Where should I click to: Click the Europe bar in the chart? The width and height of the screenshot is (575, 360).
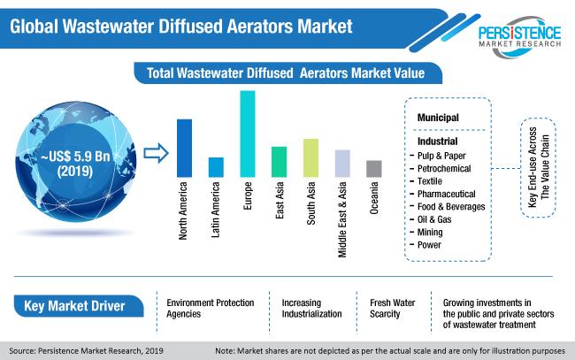[x=248, y=134]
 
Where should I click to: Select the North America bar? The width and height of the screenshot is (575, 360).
[x=184, y=148]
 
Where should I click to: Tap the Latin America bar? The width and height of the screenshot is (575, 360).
[x=216, y=167]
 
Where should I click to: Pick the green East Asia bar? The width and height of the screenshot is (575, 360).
[x=279, y=162]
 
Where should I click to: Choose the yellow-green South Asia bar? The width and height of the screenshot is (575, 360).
[x=311, y=158]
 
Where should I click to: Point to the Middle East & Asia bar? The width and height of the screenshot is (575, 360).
[x=342, y=164]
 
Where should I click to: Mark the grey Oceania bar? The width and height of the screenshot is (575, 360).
[x=374, y=169]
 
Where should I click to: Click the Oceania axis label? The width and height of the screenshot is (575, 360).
[x=374, y=198]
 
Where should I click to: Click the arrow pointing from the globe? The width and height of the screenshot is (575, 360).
[x=156, y=153]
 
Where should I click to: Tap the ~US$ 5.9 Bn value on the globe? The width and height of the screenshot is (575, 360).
[x=75, y=157]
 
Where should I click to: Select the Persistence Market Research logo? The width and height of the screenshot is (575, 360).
[x=519, y=36]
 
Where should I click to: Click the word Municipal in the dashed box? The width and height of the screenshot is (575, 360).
[x=438, y=118]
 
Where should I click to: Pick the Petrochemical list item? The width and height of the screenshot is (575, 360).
[x=444, y=169]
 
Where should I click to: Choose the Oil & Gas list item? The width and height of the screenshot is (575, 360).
[x=434, y=219]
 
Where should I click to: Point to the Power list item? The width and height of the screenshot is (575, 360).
[x=429, y=245]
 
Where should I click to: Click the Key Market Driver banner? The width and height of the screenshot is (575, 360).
[x=79, y=306]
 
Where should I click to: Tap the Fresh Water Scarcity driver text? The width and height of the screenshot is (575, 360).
[x=393, y=309]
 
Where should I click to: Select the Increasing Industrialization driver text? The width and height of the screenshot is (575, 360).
[x=311, y=309]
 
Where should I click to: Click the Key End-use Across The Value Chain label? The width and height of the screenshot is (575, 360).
[x=539, y=167]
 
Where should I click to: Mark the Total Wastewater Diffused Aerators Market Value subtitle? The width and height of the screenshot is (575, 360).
[x=286, y=73]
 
